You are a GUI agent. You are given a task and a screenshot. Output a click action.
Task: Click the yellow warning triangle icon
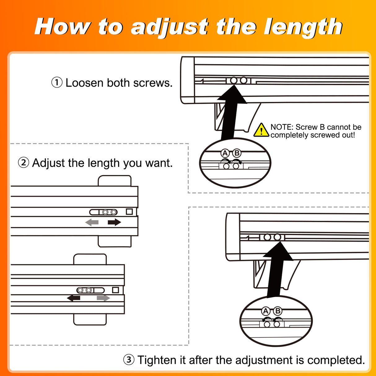coord(261,130)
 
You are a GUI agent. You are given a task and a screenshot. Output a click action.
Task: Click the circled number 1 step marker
coord(57,83)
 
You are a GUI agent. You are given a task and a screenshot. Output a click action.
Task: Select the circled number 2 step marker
coord(24,163)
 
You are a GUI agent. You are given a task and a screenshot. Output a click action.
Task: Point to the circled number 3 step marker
coord(129,360)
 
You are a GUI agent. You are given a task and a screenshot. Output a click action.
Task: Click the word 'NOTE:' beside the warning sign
coord(282,127)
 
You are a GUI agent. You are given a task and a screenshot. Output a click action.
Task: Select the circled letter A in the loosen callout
coord(225,153)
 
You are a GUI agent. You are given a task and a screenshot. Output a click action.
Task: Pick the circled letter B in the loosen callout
coord(237,153)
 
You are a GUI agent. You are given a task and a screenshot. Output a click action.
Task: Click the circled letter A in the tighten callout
coord(265,311)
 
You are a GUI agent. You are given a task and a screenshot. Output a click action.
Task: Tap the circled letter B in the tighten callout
coord(278,311)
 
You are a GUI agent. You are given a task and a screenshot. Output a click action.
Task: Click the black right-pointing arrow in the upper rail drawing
coord(114,222)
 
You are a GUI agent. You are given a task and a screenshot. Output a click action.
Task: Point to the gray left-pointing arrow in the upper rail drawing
coord(92,222)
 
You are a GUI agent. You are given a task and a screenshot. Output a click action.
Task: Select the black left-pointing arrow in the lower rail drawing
coord(74,298)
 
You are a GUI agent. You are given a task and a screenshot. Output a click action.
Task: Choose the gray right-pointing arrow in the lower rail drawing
coord(103,298)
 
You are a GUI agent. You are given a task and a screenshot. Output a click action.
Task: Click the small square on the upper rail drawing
coord(129,212)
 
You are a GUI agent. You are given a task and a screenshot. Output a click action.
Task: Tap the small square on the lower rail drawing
coord(116,290)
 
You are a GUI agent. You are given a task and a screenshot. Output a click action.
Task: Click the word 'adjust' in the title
coord(170,27)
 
